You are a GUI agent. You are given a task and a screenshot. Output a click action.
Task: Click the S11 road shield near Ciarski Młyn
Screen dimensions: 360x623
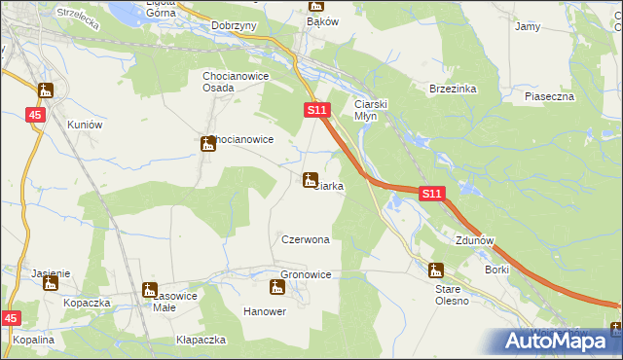315,112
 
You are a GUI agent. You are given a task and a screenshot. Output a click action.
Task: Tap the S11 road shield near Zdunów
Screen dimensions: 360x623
433,195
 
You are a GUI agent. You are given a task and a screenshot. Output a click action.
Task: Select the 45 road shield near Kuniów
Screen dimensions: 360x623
36,115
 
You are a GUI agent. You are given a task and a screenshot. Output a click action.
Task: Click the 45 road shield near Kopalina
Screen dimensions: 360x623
11,318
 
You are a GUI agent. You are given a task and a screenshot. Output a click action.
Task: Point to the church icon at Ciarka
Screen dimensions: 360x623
311,180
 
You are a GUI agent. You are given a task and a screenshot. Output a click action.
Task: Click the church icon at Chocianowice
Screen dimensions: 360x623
207,144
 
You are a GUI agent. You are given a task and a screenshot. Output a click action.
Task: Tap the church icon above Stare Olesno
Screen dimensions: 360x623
436,270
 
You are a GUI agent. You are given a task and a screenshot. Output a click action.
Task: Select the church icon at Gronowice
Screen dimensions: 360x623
276,287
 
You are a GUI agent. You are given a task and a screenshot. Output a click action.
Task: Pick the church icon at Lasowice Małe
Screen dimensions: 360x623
149,289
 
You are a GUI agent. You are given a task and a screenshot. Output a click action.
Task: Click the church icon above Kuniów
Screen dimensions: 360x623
46,91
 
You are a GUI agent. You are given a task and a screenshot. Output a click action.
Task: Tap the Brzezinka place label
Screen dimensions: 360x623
453,88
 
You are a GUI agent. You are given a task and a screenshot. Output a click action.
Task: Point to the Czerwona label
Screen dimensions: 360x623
305,239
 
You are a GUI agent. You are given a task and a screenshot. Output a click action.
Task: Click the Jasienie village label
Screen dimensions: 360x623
50,274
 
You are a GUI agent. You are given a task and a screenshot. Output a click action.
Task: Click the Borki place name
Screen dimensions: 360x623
496,269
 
